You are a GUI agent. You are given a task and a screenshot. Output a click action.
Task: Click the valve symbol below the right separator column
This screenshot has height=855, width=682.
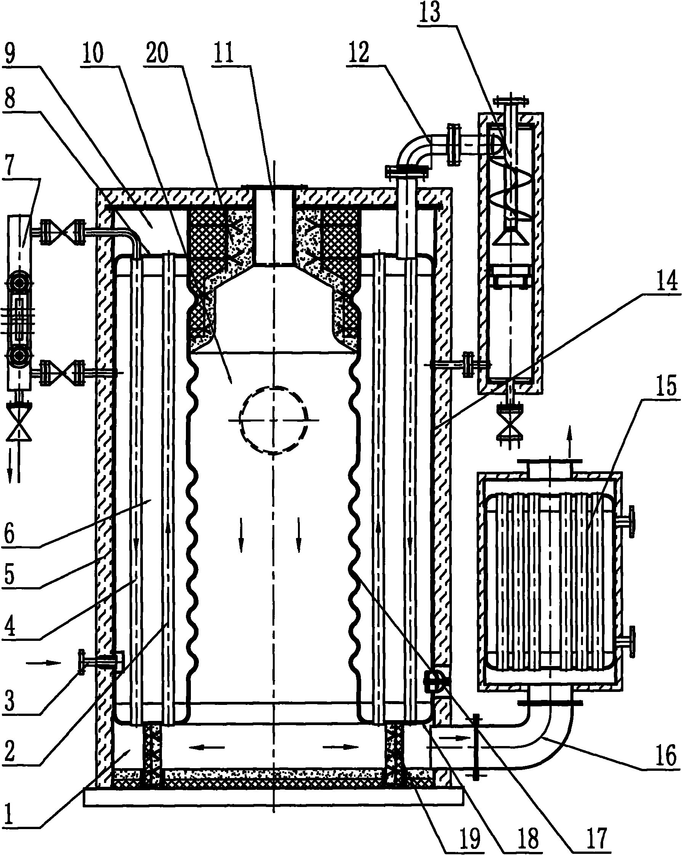tap(510, 427)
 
